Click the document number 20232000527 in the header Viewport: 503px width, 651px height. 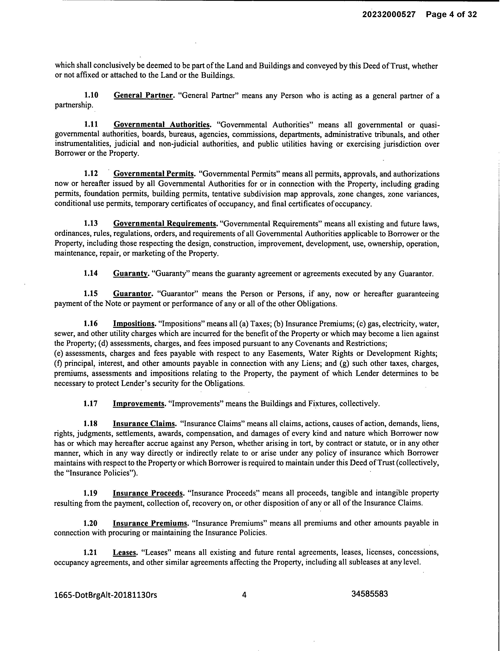point(389,14)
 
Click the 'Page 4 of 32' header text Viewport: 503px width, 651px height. point(451,14)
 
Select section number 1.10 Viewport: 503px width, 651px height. point(91,95)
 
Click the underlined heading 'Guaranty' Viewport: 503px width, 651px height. point(130,274)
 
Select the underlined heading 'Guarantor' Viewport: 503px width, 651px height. point(132,294)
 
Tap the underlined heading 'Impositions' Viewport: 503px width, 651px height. point(134,324)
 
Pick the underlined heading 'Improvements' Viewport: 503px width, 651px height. point(138,404)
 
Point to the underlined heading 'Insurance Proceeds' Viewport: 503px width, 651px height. point(148,493)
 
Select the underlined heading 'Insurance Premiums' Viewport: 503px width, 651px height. point(150,523)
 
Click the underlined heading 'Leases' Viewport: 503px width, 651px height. point(124,553)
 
